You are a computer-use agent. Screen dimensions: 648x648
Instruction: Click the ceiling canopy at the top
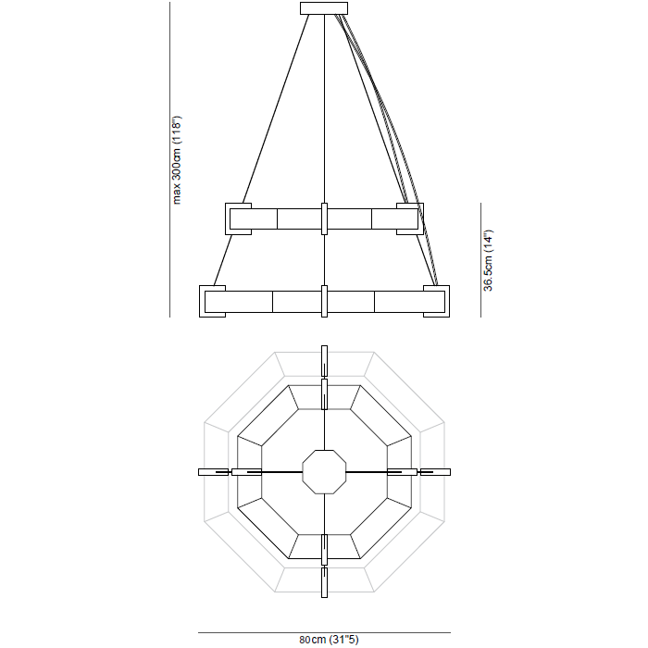[324, 8]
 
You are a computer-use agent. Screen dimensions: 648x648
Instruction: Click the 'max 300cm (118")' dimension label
[178, 159]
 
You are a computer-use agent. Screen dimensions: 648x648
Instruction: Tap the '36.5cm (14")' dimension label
[489, 260]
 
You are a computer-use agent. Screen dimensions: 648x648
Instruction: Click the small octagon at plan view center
[324, 472]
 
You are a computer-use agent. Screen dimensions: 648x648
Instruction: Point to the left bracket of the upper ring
[239, 218]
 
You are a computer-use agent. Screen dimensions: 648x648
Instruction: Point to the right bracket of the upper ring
[410, 218]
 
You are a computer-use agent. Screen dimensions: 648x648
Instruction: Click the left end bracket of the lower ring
[212, 302]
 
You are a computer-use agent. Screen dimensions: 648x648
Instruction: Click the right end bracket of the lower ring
[436, 302]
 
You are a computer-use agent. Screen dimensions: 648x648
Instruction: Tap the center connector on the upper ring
[324, 218]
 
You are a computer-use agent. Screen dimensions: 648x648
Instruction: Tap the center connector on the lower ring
[324, 302]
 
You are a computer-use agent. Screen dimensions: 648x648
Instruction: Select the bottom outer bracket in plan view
[324, 583]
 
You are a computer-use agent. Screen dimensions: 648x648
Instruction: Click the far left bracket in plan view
[214, 472]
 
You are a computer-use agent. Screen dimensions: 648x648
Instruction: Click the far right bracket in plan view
[434, 472]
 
